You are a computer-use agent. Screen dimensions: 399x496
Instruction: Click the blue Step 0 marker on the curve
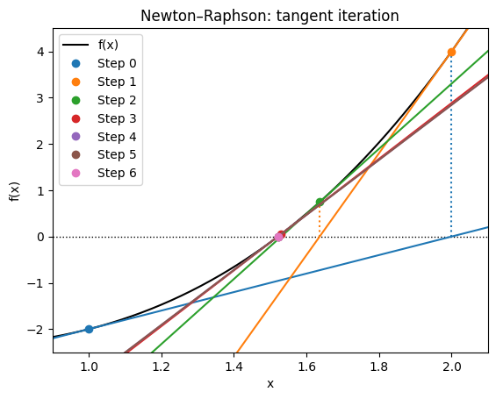point(89,329)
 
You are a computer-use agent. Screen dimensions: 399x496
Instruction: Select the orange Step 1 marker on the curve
point(451,52)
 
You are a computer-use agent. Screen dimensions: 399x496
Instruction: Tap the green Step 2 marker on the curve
point(320,202)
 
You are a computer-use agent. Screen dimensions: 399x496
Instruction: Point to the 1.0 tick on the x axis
point(89,366)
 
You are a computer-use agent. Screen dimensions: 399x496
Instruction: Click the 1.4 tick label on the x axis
point(234,366)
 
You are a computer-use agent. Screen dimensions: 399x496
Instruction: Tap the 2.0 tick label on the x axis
point(451,366)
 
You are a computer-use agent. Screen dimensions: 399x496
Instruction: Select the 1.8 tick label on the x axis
point(378,366)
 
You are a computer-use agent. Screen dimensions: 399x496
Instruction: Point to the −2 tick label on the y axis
point(38,329)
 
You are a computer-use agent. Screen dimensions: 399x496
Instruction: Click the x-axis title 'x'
point(270,383)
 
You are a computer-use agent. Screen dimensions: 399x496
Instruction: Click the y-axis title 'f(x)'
point(15,191)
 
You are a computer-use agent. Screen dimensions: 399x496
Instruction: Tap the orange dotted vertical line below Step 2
point(320,220)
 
